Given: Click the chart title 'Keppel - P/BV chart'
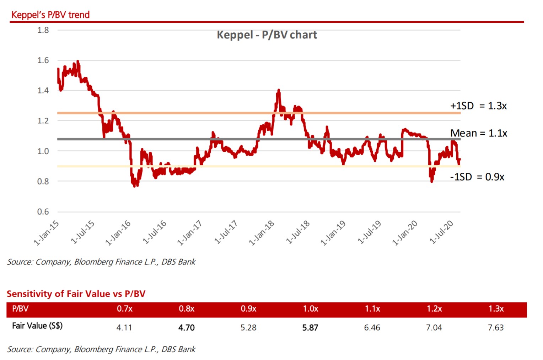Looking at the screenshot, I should (x=267, y=35).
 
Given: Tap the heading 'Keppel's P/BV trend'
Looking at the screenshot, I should (x=50, y=15).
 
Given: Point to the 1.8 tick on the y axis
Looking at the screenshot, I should (x=43, y=30).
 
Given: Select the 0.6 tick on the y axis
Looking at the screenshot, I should (x=43, y=212).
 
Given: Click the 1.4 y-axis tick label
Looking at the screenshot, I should (x=43, y=91).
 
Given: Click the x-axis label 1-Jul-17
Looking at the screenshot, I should (x=226, y=232).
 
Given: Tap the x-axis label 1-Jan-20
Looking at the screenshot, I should (x=405, y=233).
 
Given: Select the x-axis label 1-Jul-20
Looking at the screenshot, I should (x=441, y=232).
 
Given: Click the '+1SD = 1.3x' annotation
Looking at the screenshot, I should (x=478, y=106).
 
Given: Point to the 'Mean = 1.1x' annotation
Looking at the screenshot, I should (x=479, y=133).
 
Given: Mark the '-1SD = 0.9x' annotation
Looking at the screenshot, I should (x=477, y=177).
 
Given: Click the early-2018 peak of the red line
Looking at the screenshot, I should (x=279, y=90).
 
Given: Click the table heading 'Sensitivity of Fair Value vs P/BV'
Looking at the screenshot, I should (x=76, y=294).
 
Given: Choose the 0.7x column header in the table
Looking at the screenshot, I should (x=124, y=309).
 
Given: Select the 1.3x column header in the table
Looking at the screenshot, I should (x=496, y=309).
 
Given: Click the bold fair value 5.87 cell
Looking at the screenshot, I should (x=310, y=328).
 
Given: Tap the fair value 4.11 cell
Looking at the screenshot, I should (x=124, y=328).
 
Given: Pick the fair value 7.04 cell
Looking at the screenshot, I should (x=434, y=328).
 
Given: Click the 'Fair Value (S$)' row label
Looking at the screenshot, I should (x=37, y=326).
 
